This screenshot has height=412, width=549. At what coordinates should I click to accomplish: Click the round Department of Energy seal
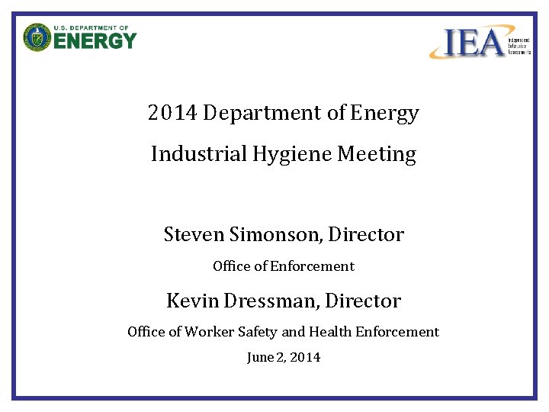pos(36,37)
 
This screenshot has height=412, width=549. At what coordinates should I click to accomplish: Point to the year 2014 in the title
pos(172,114)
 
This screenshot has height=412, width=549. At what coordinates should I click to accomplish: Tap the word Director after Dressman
pos(363,301)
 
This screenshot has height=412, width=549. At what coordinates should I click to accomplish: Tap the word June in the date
pos(259,357)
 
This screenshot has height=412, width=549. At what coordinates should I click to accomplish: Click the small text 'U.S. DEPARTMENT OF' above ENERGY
pos(91,27)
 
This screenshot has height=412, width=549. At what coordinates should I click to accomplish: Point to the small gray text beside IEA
pos(519,43)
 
